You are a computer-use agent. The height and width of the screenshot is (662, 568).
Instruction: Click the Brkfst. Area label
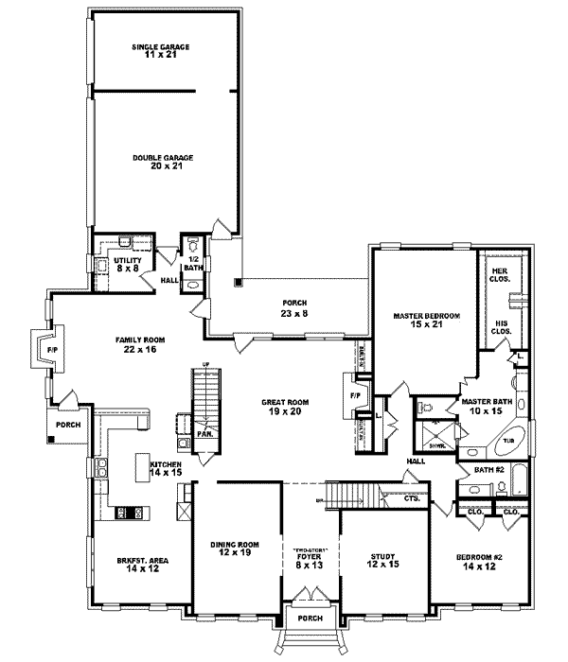click(x=127, y=566)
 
